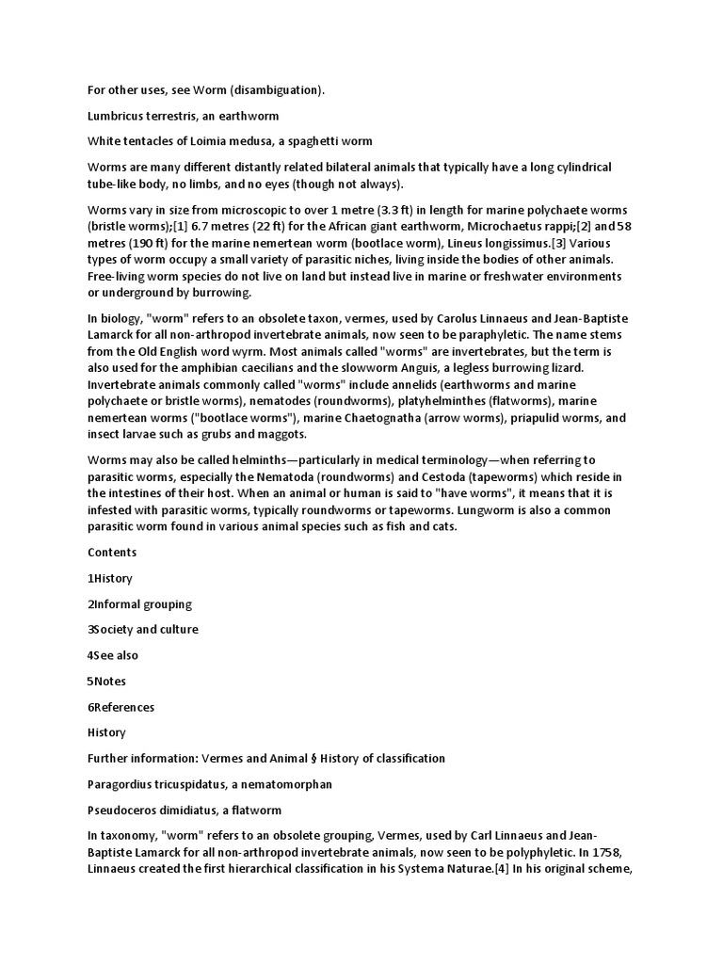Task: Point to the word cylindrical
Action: click(x=572, y=168)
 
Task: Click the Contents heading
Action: click(x=112, y=552)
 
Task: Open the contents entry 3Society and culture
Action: click(x=143, y=629)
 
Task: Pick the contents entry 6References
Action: click(x=121, y=707)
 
